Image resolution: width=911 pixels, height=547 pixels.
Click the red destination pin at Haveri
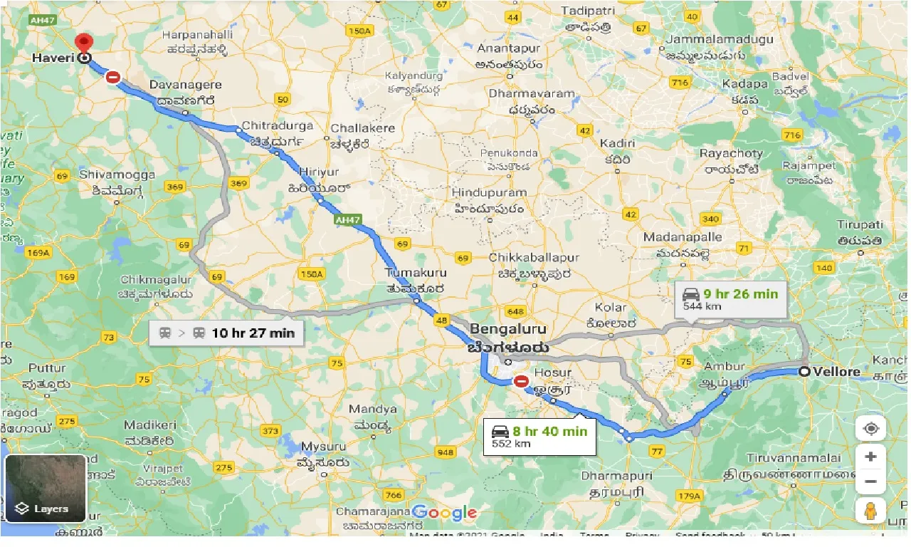[85, 44]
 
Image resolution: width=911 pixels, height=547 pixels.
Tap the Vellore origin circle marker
[804, 371]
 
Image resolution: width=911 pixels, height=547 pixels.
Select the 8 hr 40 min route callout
[539, 436]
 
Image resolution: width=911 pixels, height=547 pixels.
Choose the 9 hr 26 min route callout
[730, 298]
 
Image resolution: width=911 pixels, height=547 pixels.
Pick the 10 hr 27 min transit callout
[226, 333]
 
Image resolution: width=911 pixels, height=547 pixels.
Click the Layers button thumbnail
[46, 489]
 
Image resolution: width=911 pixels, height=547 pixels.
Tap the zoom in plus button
[870, 457]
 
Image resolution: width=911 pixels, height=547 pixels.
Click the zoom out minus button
[870, 482]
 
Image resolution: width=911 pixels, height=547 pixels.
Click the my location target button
[870, 428]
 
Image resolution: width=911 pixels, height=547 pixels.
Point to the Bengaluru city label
[508, 330]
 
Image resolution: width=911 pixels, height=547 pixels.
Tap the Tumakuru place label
[416, 273]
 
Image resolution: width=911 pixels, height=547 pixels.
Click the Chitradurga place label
[278, 126]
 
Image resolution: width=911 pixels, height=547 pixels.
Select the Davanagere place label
[185, 85]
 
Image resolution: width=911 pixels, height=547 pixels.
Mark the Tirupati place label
[860, 225]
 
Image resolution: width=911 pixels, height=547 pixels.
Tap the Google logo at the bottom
[444, 512]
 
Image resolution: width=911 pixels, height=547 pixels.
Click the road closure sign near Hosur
[522, 382]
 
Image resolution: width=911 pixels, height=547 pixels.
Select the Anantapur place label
[508, 48]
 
